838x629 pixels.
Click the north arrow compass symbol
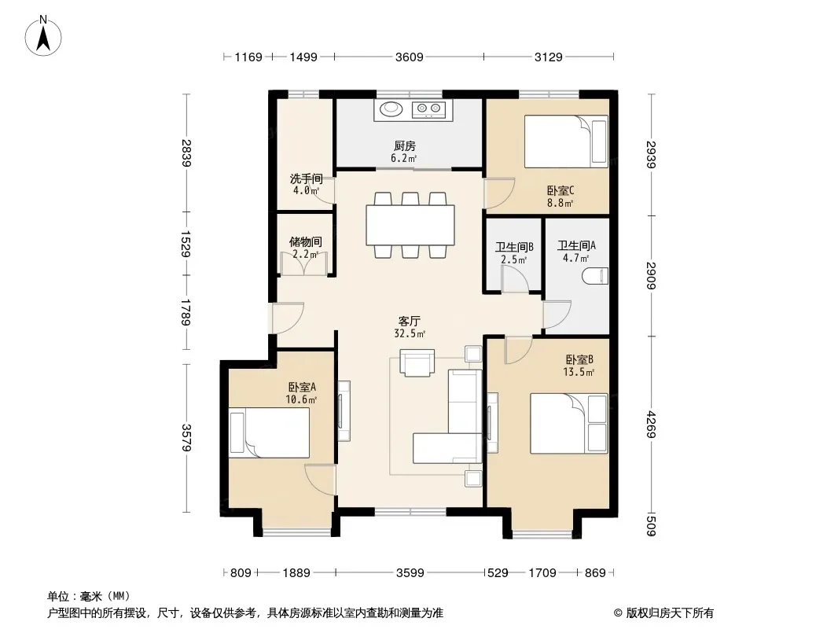pos(43,36)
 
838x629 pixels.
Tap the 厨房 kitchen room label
pos(405,146)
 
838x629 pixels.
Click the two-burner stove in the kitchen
pos(428,109)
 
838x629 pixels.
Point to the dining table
pos(410,225)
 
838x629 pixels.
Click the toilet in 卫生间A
pos(595,276)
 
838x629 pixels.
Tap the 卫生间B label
pos(514,248)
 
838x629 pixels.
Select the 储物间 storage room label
pos(306,242)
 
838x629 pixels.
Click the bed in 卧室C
pos(566,142)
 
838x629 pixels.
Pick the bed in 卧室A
pos(270,433)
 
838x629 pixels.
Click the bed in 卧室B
pos(568,423)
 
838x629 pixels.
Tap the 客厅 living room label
pos(410,321)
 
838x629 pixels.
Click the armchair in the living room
pos(417,363)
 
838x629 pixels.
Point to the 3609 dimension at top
pos(410,57)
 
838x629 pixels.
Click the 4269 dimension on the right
pos(651,425)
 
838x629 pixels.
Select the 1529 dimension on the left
pos(186,244)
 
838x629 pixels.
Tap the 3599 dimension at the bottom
pos(410,573)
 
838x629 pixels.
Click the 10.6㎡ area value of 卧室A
pos(301,399)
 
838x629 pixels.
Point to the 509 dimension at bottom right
pos(651,524)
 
